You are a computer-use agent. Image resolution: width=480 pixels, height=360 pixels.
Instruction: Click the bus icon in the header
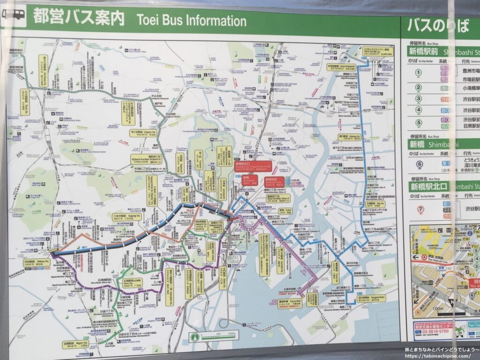tap(14, 15)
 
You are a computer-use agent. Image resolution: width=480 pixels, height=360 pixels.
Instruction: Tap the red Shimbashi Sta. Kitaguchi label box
tap(247, 166)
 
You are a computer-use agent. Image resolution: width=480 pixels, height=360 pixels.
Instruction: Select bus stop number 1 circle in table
tap(418, 73)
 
